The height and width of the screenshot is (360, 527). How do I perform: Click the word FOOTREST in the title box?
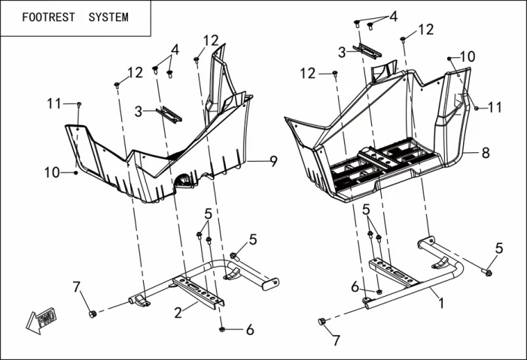point(49,17)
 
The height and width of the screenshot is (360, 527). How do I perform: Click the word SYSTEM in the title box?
point(108,17)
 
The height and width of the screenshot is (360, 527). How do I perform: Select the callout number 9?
point(273,160)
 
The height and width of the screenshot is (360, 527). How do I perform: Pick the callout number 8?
point(486,152)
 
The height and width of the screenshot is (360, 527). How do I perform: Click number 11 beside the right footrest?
point(495,108)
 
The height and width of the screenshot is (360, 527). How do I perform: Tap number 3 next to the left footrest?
point(139,111)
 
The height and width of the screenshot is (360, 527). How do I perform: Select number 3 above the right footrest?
point(342,52)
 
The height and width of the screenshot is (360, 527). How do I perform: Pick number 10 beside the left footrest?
point(51,172)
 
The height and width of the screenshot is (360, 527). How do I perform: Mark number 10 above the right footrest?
point(468,56)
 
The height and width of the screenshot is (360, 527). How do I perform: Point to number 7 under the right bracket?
point(337,340)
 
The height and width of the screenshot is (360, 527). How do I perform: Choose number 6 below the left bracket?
point(250,329)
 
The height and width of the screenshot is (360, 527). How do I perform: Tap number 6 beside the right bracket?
point(355,286)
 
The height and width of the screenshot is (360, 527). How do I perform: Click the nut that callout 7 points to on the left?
point(92,313)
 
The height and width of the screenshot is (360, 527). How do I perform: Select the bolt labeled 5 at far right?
point(488,271)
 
